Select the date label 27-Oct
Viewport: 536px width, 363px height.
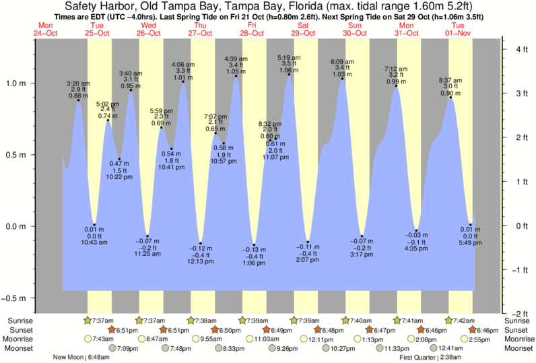click(201, 32)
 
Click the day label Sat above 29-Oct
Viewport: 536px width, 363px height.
click(304, 26)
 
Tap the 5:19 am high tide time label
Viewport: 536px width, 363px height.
click(290, 58)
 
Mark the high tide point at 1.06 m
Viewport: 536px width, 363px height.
click(290, 74)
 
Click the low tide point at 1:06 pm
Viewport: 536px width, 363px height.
click(254, 244)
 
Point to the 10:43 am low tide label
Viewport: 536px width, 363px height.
click(94, 242)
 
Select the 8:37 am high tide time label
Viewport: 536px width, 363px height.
click(450, 79)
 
